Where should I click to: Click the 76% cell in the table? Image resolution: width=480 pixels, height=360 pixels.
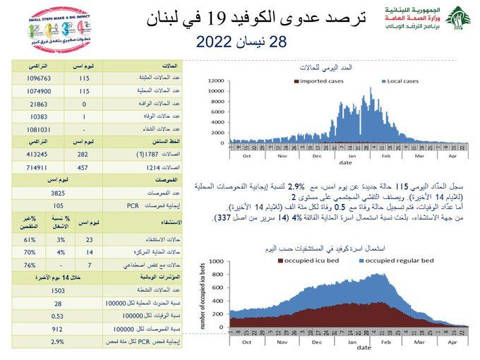click(30, 265)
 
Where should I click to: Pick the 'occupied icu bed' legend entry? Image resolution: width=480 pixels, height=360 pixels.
click(312, 261)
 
